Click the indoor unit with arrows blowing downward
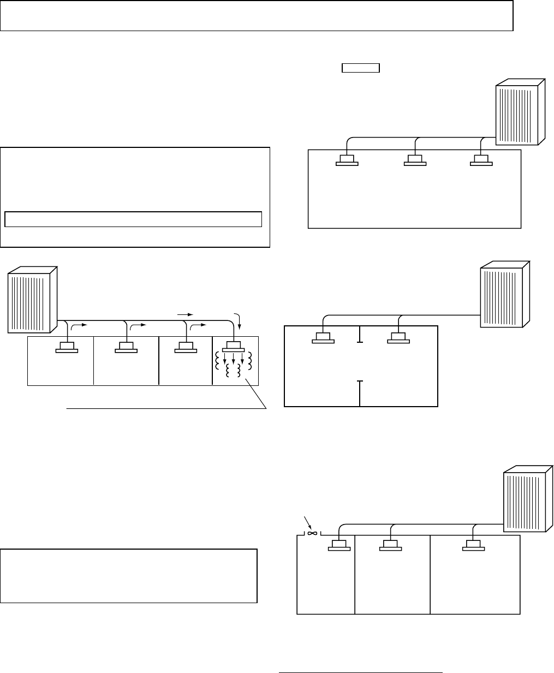click(x=233, y=348)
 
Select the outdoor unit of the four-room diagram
click(x=31, y=300)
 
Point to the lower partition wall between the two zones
click(x=360, y=393)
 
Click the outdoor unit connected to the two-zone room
click(x=504, y=295)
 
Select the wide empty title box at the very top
click(x=257, y=16)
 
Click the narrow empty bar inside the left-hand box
click(x=134, y=219)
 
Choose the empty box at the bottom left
click(x=128, y=576)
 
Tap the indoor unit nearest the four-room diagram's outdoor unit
click(x=68, y=348)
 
